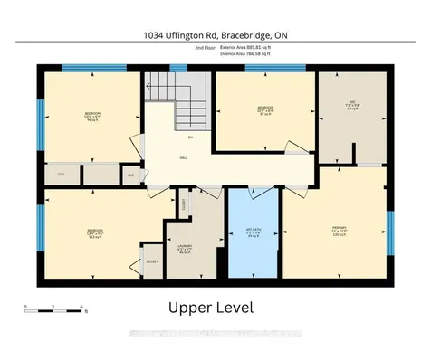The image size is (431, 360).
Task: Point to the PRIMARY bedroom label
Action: tap(340, 229)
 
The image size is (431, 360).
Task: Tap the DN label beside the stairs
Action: tap(190, 137)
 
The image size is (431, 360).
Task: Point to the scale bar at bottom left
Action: tap(54, 309)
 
